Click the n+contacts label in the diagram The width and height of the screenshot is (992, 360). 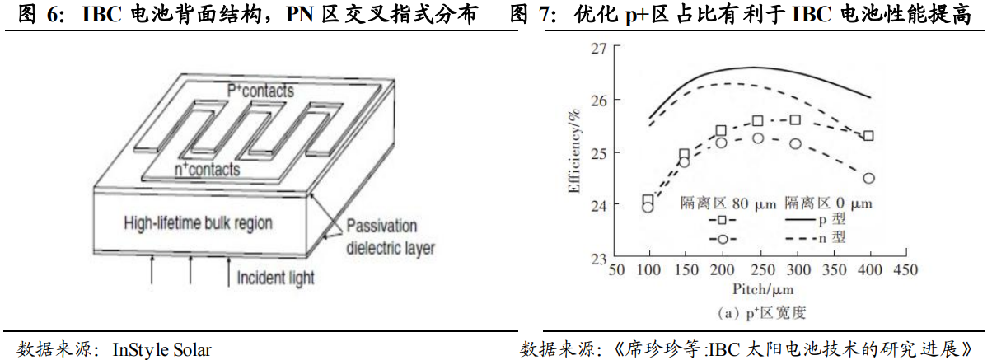pos(208,170)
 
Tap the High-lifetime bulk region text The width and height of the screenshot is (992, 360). pos(198,222)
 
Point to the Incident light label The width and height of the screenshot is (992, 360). pos(275,278)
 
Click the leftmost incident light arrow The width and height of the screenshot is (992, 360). pos(152,269)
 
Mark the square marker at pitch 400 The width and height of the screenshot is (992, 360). pos(868,136)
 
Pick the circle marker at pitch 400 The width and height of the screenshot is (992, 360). pos(868,178)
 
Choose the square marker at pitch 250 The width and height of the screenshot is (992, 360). pos(758,121)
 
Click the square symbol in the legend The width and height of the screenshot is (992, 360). pos(721,221)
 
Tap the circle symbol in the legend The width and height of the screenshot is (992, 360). pos(721,238)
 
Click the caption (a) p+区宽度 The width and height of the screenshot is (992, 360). pos(759,312)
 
